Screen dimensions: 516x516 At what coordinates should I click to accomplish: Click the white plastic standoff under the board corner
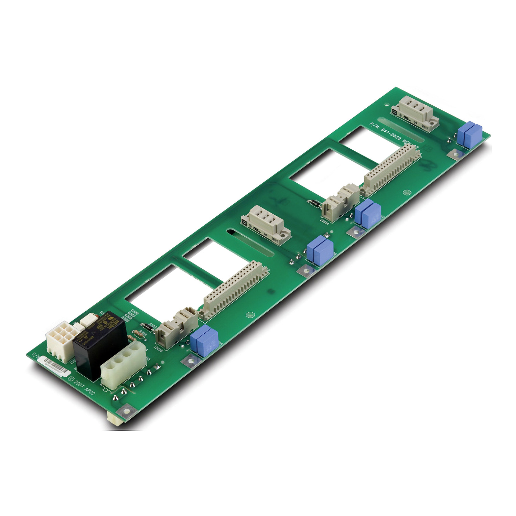click(x=114, y=418)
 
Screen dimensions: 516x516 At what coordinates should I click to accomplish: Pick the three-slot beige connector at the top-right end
click(x=415, y=113)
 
